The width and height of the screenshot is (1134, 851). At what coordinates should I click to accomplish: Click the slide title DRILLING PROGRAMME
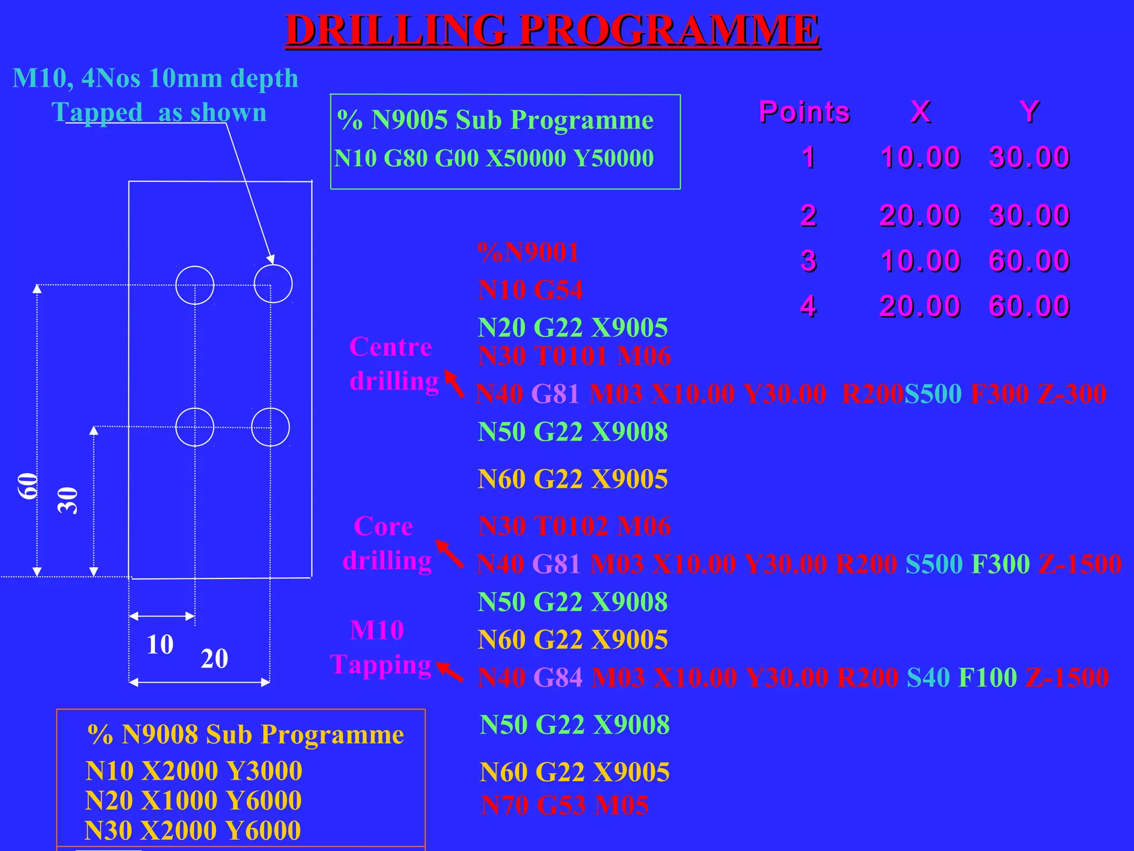pos(552,30)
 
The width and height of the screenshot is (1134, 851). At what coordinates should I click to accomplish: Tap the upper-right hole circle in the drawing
pos(273,284)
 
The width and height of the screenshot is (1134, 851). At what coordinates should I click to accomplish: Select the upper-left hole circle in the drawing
pos(195,285)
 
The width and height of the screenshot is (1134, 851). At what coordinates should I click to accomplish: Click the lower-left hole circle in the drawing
pos(194,427)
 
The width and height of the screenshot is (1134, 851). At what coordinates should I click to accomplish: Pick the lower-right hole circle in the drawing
pos(270,427)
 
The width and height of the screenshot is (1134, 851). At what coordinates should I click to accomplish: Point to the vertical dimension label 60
pos(28,486)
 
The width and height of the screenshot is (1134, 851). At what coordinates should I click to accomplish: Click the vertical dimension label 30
pos(68,500)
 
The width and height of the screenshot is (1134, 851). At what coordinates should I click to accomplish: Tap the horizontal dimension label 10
pos(160,644)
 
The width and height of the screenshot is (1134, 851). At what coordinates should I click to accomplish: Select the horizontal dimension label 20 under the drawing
pos(214,659)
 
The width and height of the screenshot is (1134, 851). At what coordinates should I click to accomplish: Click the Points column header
pos(804,112)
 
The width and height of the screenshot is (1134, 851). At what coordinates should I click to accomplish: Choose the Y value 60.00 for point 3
pos(1029,261)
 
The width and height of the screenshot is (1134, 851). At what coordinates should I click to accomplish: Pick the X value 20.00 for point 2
pos(920,215)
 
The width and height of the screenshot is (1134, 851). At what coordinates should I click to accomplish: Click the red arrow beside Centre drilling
pos(455,384)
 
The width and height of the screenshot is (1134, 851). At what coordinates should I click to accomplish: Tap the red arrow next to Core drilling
pos(450,553)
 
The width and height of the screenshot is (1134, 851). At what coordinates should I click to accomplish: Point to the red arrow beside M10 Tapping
pos(450,672)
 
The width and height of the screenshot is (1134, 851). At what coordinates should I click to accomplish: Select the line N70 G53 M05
pos(564,805)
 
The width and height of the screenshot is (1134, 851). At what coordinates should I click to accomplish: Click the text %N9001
pos(528,253)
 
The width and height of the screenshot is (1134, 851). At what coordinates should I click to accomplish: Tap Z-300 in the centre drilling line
pos(1072,394)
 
